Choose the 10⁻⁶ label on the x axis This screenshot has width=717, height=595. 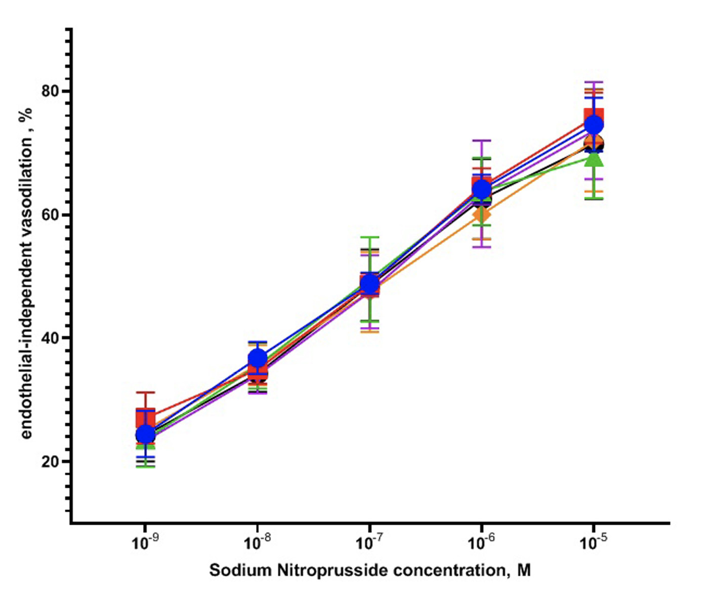click(x=482, y=543)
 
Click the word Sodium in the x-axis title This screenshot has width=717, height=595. click(x=240, y=570)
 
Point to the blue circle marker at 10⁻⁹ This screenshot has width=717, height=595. click(x=146, y=434)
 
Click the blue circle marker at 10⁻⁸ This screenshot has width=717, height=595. click(x=258, y=358)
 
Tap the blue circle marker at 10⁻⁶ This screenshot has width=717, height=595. click(x=482, y=189)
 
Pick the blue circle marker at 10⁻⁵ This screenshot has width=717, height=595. click(x=594, y=124)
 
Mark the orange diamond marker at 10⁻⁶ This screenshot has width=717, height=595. click(x=482, y=214)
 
